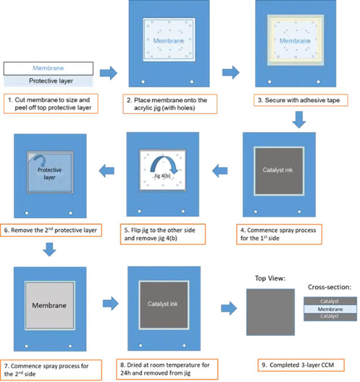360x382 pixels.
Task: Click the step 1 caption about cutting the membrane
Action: click(x=51, y=103)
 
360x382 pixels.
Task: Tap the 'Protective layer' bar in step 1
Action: click(x=49, y=81)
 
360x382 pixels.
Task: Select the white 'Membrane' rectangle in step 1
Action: click(x=49, y=68)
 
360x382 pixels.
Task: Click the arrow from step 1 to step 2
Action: click(x=108, y=73)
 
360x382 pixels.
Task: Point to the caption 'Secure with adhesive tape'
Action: click(x=301, y=100)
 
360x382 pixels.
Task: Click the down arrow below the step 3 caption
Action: click(x=299, y=120)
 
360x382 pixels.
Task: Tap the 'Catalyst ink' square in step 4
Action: click(x=279, y=171)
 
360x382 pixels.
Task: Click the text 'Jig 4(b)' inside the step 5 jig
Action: click(x=162, y=176)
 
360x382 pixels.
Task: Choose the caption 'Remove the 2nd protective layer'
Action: click(x=51, y=230)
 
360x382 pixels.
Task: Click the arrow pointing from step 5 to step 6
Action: click(x=106, y=171)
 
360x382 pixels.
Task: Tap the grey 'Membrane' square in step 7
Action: click(x=50, y=306)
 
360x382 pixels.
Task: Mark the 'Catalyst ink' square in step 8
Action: click(x=164, y=305)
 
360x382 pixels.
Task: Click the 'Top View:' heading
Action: click(x=270, y=278)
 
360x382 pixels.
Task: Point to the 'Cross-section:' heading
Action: click(x=330, y=287)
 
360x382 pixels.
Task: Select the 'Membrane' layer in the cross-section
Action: click(x=330, y=309)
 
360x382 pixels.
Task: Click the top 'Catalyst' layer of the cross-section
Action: click(x=330, y=301)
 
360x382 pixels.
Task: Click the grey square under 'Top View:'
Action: click(x=270, y=312)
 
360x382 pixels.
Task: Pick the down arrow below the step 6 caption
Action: click(x=49, y=249)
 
